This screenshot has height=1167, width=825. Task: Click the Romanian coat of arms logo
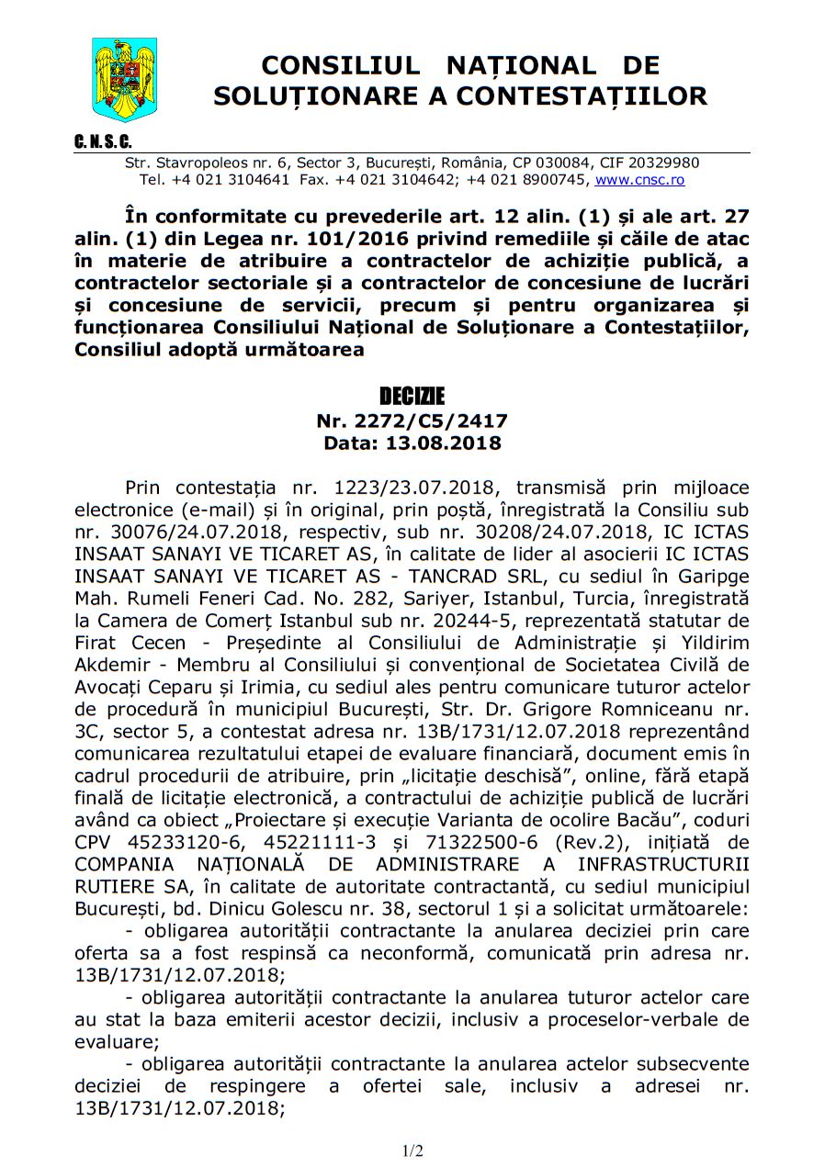[x=125, y=80]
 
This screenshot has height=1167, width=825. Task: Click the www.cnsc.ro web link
[x=639, y=180]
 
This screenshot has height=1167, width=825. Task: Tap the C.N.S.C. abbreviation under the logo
[x=103, y=142]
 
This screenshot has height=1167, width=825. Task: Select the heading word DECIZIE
[x=412, y=397]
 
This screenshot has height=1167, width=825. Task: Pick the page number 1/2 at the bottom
[x=412, y=1150]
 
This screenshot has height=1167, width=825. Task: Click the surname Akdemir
[x=109, y=664]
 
